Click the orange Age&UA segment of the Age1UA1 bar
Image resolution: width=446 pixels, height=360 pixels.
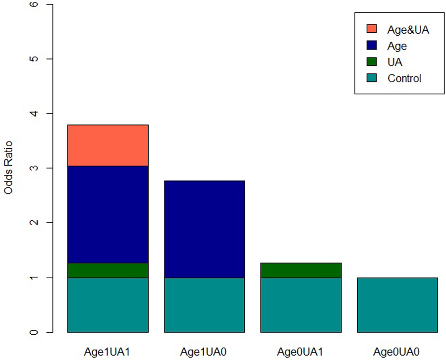[108, 145]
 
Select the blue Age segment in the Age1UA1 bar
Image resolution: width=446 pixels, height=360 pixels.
[108, 214]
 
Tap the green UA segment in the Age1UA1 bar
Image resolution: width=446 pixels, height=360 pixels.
[108, 270]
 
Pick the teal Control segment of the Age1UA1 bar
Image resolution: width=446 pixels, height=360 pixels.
[108, 304]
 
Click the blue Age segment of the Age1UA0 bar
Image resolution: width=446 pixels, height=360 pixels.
[204, 229]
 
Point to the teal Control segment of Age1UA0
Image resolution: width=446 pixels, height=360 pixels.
[204, 304]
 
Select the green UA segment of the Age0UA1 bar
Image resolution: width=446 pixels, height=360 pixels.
[301, 270]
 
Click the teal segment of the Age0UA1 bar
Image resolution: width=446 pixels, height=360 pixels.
[301, 304]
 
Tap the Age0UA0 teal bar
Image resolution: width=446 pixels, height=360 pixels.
[397, 304]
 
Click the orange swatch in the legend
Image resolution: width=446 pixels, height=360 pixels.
[372, 29]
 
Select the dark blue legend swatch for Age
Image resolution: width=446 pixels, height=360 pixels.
[372, 46]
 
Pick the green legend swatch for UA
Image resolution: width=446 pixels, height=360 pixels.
[372, 62]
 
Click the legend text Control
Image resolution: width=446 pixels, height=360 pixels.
[404, 78]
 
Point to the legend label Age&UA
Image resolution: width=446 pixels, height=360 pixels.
[408, 30]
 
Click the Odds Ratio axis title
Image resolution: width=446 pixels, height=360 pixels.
[8, 168]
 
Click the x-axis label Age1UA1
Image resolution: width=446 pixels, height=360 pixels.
[108, 352]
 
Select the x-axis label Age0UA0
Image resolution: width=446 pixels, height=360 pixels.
[397, 352]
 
